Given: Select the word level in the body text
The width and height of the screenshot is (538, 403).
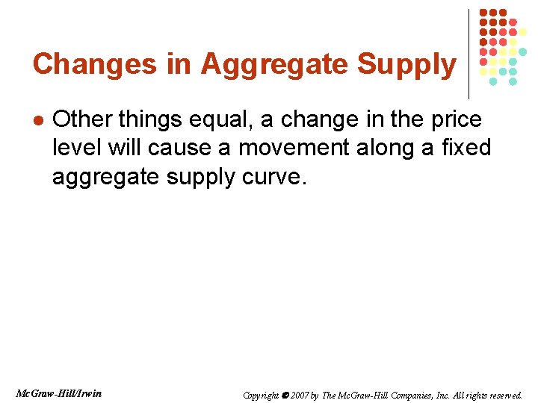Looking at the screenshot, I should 77,148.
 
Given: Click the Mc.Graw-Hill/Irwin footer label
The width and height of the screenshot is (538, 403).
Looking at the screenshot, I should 59,393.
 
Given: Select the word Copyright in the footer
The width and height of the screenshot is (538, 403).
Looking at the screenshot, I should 261,395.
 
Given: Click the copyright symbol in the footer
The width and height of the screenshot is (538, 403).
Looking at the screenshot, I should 285,395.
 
